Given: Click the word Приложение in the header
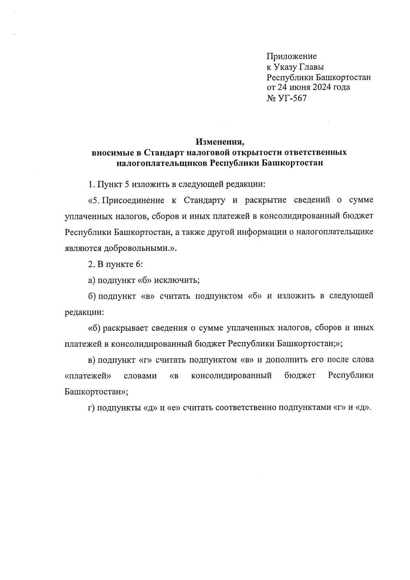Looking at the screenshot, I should (x=291, y=56).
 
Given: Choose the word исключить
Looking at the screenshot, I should (x=177, y=281).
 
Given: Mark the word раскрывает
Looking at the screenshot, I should (x=127, y=328).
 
